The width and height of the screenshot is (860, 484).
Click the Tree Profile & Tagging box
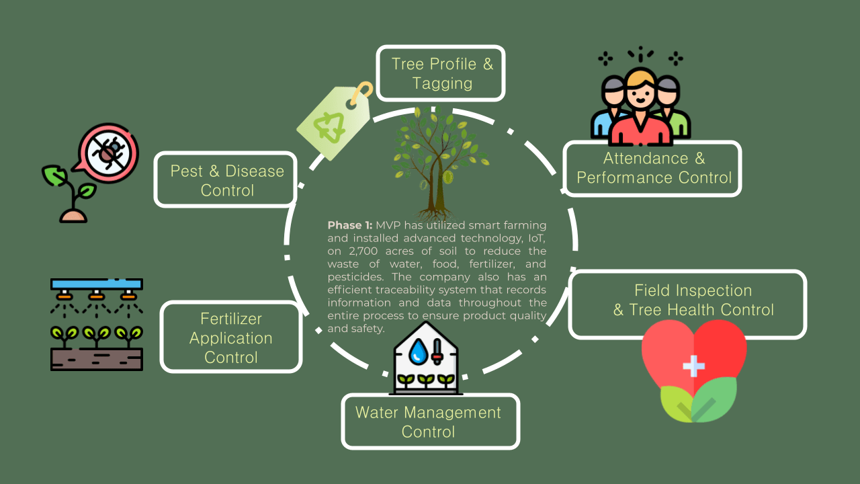pyautogui.click(x=441, y=73)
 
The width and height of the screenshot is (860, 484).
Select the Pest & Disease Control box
pyautogui.click(x=226, y=179)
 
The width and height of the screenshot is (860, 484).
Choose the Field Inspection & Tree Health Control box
pyautogui.click(x=687, y=300)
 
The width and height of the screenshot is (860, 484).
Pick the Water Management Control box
pyautogui.click(x=430, y=421)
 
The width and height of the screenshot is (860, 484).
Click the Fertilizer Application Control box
pyautogui.click(x=230, y=337)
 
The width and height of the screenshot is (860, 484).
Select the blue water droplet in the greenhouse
pyautogui.click(x=418, y=350)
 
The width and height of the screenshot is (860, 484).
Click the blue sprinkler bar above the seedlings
pyautogui.click(x=97, y=284)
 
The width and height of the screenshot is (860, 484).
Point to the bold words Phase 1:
pyautogui.click(x=350, y=225)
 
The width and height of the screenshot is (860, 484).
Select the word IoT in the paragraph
pyautogui.click(x=535, y=238)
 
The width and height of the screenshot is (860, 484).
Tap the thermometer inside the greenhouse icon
pyautogui.click(x=437, y=350)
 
